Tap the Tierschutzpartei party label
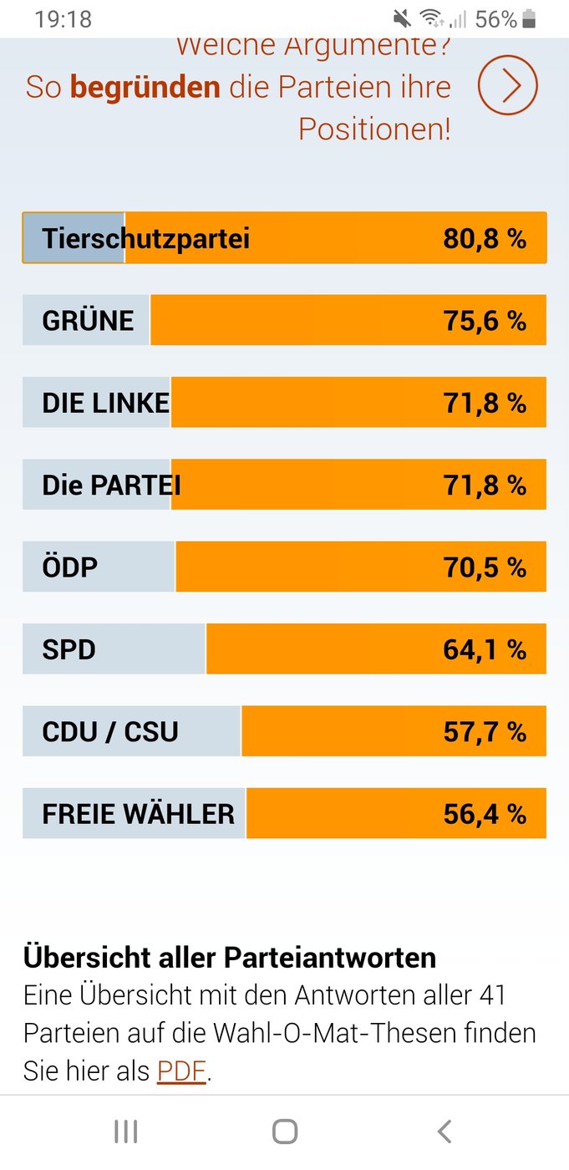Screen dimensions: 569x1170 (145, 239)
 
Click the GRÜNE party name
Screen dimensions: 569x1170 (88, 319)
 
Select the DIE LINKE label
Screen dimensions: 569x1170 (106, 403)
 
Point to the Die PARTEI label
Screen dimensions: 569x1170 (112, 485)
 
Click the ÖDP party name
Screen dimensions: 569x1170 (70, 567)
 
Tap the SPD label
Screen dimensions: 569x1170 (69, 649)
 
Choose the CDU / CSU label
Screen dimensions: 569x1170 (110, 731)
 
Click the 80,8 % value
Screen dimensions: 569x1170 (485, 239)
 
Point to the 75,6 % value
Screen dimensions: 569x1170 (485, 320)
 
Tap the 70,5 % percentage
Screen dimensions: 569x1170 (485, 567)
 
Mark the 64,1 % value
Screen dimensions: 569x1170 (485, 650)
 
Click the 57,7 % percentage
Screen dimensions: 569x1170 (485, 732)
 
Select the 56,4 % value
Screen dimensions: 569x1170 (485, 814)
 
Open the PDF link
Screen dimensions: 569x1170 (181, 1071)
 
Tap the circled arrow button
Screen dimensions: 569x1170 (507, 84)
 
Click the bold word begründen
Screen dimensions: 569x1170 (145, 87)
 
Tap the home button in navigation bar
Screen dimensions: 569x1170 (285, 1132)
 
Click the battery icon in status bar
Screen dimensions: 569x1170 (529, 18)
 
